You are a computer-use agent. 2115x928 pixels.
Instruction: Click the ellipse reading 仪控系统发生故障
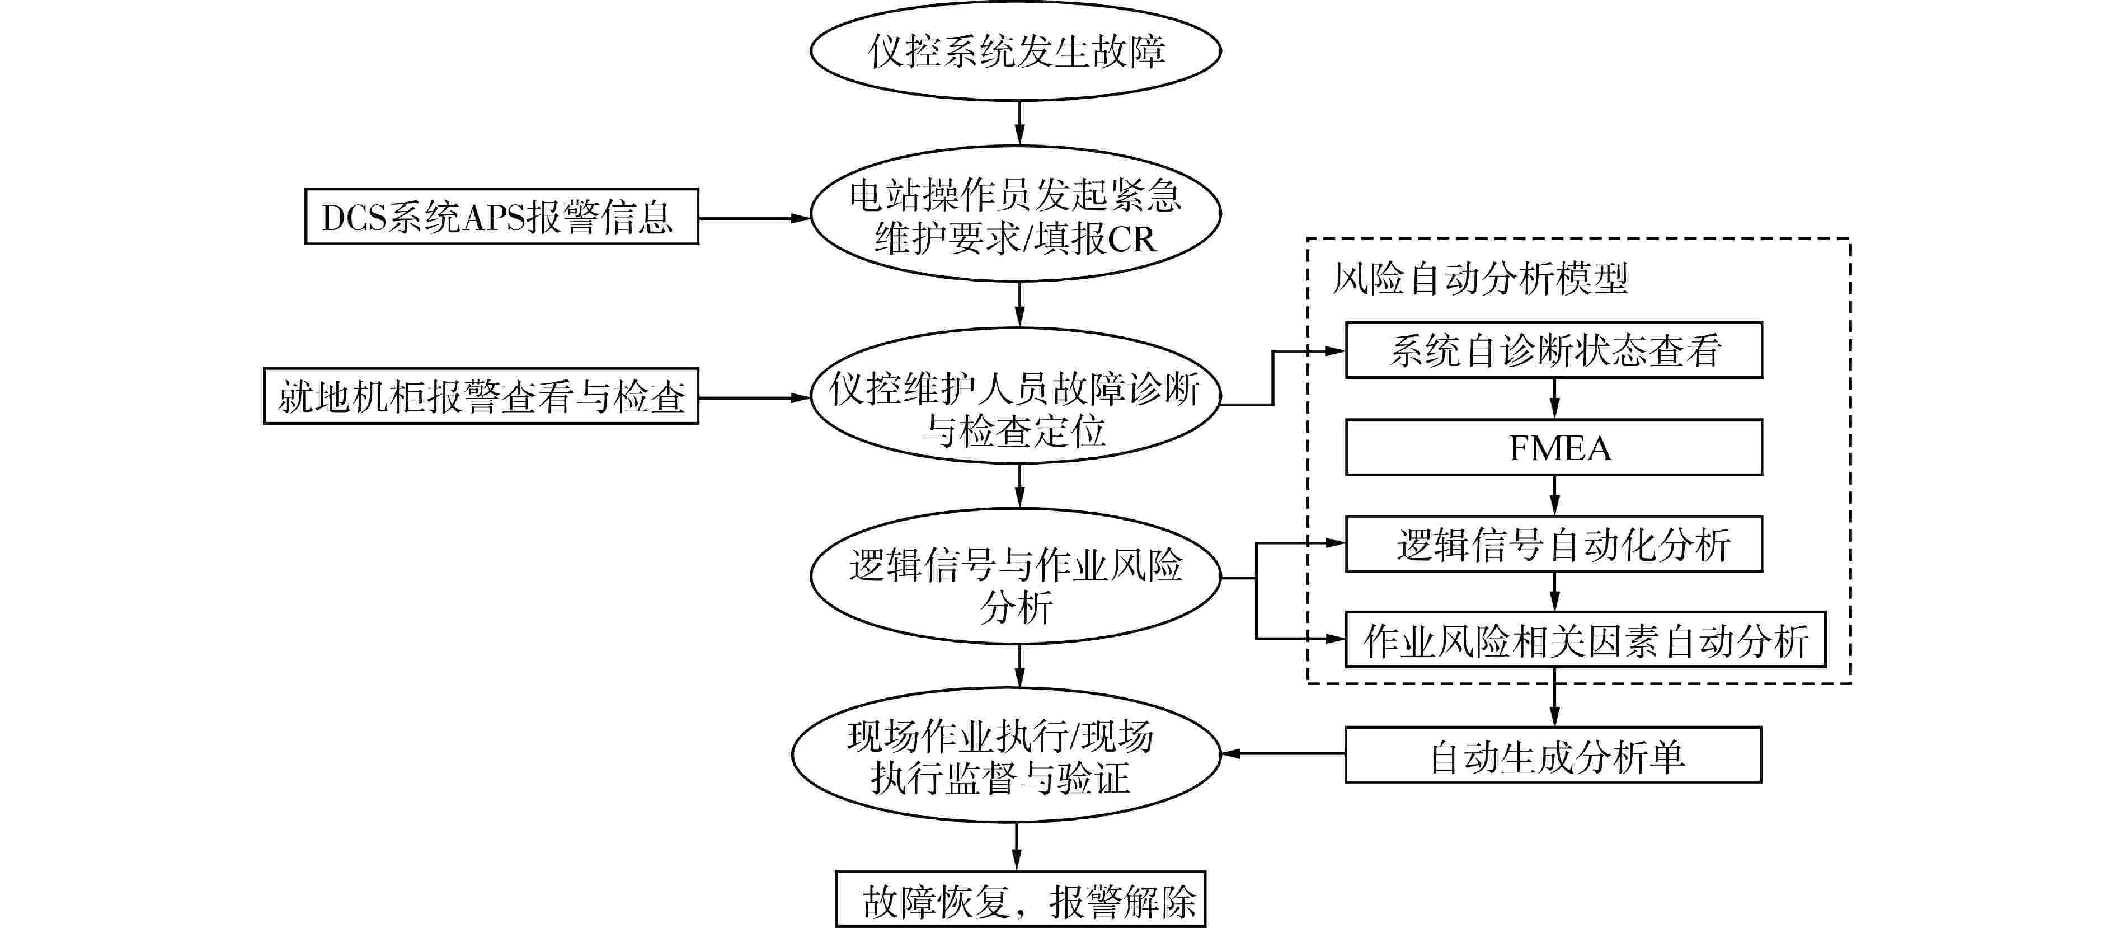click(x=1016, y=51)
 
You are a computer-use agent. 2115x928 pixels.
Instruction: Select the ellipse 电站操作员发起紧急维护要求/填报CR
click(x=1016, y=215)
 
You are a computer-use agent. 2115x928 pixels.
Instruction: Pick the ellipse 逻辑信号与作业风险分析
click(x=1016, y=577)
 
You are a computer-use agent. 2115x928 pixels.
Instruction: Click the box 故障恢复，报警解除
click(x=1021, y=900)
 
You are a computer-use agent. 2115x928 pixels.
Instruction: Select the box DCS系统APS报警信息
click(x=502, y=217)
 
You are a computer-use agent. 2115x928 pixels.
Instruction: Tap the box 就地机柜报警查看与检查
click(x=481, y=397)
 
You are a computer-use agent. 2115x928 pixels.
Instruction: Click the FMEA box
click(x=1553, y=448)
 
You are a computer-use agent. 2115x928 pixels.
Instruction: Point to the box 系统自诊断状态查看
click(x=1553, y=351)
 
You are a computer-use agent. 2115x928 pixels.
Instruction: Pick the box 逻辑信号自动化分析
click(x=1553, y=543)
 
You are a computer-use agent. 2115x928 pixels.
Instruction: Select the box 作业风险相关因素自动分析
click(x=1585, y=640)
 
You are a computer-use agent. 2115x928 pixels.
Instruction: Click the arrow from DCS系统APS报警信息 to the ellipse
click(x=754, y=218)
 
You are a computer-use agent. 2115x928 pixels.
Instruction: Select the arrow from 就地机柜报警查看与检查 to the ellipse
click(x=754, y=399)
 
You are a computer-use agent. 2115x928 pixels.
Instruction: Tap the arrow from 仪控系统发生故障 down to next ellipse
click(x=1019, y=123)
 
